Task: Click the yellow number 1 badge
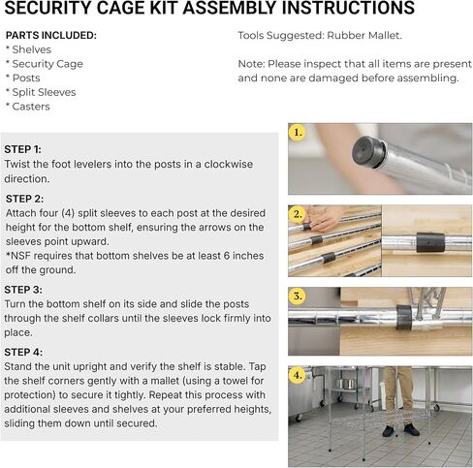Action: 298,131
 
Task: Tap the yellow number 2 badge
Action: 298,213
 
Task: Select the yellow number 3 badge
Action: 298,296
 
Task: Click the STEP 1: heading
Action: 23,149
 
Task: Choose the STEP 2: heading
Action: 24,198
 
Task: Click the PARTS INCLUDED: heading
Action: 50,36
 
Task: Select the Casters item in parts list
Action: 30,107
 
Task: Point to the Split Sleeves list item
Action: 43,92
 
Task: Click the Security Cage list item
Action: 47,64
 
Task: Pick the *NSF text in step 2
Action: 18,256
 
